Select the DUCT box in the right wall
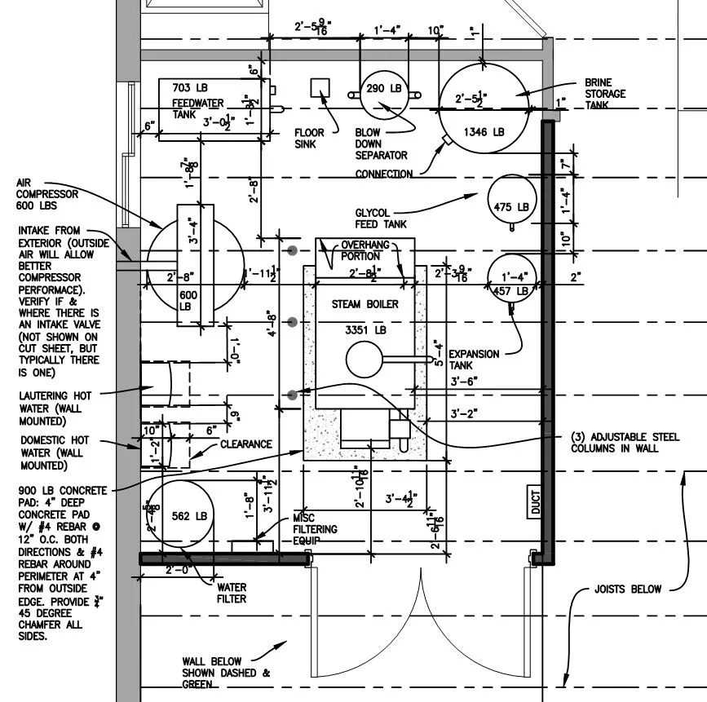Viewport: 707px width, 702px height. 536,501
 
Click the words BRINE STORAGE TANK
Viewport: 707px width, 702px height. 604,94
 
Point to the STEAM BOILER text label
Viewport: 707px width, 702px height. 365,304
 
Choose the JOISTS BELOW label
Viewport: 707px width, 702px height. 627,589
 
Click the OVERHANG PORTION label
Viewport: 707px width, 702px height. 365,249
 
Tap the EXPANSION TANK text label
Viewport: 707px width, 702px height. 474,360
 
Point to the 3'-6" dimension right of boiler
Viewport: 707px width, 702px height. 464,381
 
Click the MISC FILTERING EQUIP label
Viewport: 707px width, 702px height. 314,529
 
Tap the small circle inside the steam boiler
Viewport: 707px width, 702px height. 363,359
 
